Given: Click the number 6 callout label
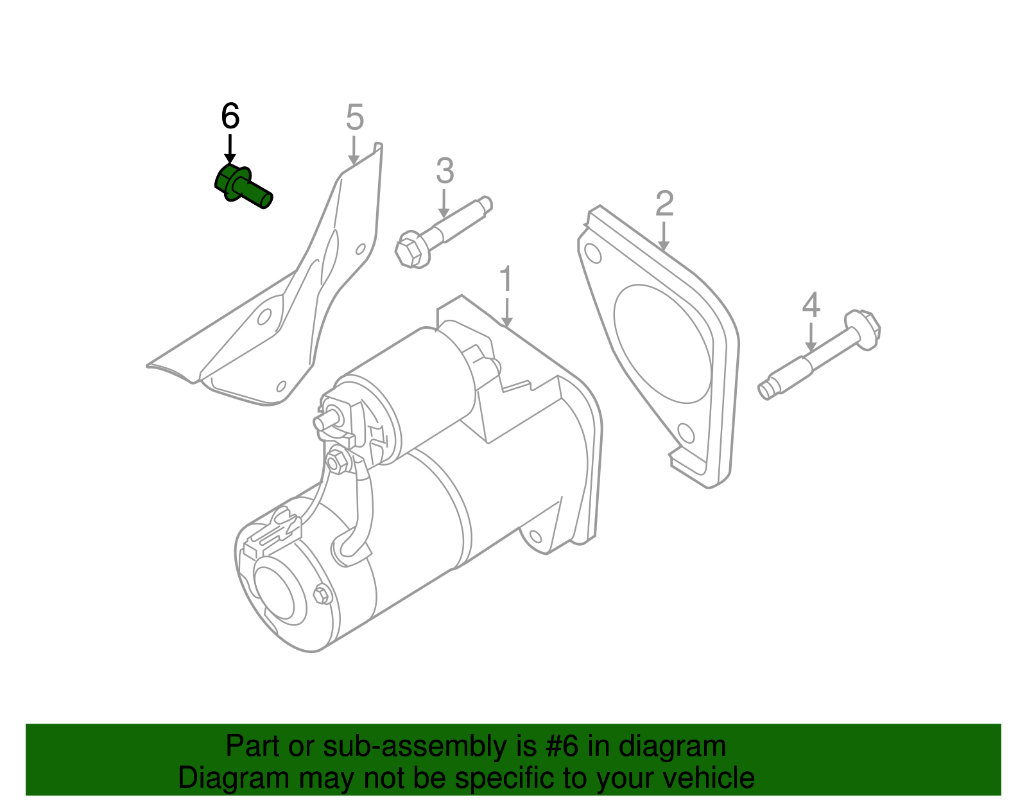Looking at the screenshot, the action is tap(230, 116).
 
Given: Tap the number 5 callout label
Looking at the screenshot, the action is tap(354, 118).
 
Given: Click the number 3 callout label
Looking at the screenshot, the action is tap(445, 171).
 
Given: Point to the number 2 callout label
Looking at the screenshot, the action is tap(664, 204).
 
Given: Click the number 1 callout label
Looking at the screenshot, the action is tap(506, 279).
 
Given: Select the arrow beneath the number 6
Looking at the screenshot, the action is tap(229, 150).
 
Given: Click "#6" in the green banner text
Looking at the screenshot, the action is tap(562, 747).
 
